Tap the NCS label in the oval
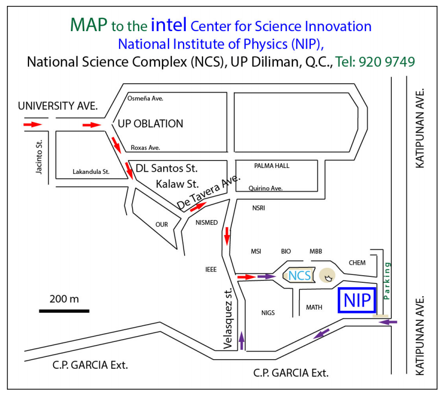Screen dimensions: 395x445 pyautogui.click(x=300, y=276)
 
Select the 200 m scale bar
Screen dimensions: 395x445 pyautogui.click(x=64, y=310)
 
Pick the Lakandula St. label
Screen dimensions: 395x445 pyautogui.click(x=91, y=172)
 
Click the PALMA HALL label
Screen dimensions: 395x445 pyautogui.click(x=272, y=166)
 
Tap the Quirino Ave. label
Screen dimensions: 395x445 pyautogui.click(x=265, y=188)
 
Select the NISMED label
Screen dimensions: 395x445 pyautogui.click(x=207, y=223)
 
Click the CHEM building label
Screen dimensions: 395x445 pyautogui.click(x=357, y=262)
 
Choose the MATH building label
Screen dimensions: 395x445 pyautogui.click(x=314, y=308)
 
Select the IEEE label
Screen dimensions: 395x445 pyautogui.click(x=211, y=269)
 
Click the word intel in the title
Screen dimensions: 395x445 pyautogui.click(x=169, y=25)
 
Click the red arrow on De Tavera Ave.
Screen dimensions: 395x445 pyautogui.click(x=198, y=206)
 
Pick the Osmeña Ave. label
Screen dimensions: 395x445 pyautogui.click(x=145, y=98)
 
